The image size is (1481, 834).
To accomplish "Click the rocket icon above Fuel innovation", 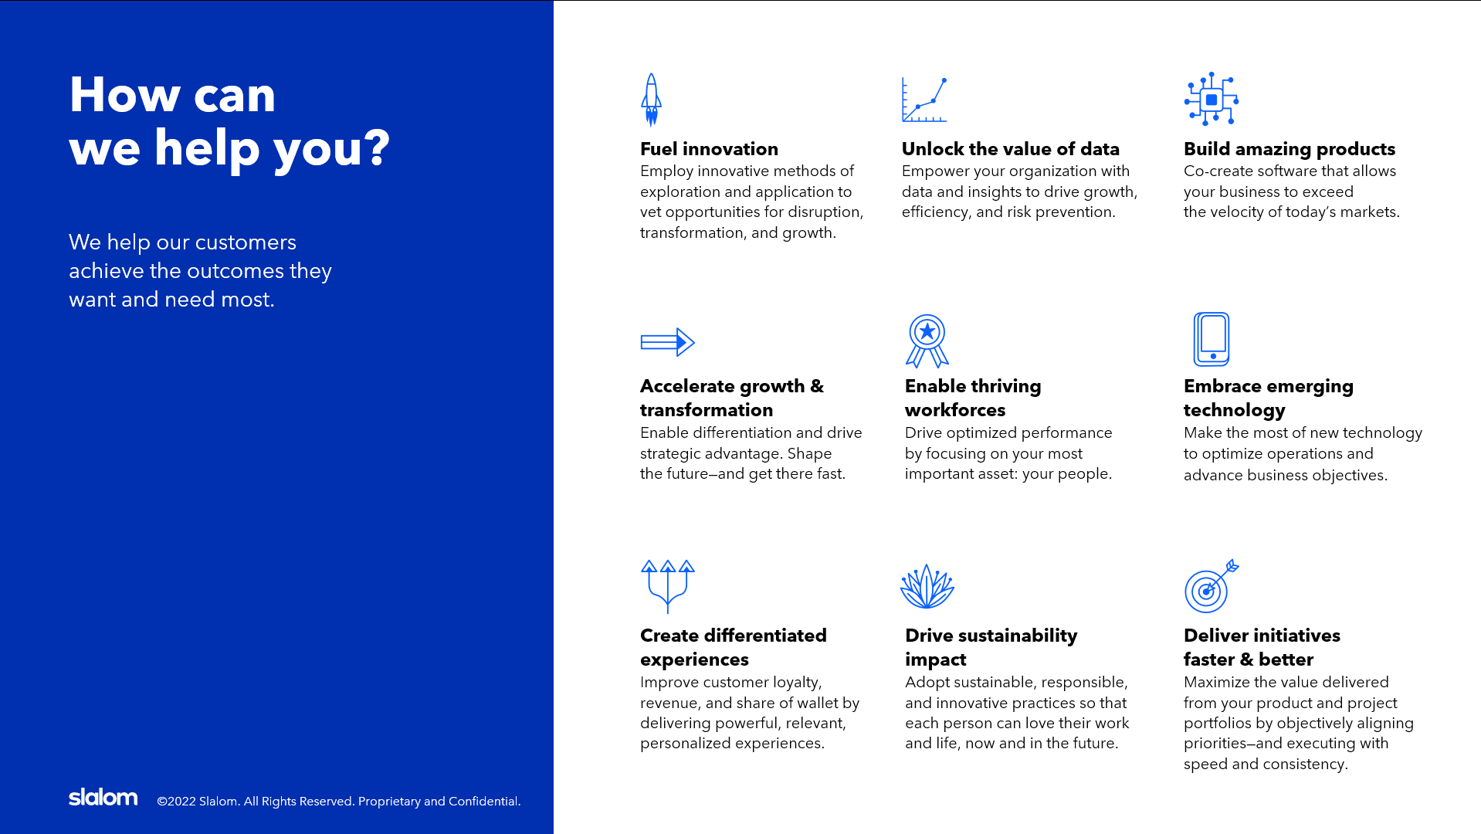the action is (x=652, y=100).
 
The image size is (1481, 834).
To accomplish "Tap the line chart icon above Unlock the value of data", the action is (x=924, y=100).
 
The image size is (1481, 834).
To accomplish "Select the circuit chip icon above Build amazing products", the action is (x=1212, y=99).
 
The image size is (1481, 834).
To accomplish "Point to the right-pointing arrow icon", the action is (x=668, y=342).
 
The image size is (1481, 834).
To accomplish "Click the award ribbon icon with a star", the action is (x=927, y=341).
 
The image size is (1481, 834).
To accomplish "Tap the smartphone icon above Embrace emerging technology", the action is (x=1212, y=339).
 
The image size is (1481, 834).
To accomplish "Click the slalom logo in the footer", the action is (x=103, y=797).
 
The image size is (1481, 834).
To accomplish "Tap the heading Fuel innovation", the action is (x=709, y=149).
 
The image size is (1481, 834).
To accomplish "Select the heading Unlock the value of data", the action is (x=1011, y=149).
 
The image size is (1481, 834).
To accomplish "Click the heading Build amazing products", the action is (x=1290, y=149).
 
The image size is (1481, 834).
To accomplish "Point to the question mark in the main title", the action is (x=377, y=147).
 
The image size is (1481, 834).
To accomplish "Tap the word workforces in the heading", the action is (x=955, y=410).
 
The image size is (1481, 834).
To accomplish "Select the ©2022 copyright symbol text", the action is (x=176, y=802).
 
